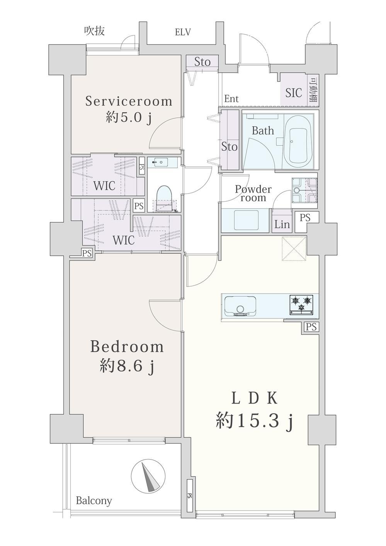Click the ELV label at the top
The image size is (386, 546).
pyautogui.click(x=183, y=32)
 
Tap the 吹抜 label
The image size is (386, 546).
pyautogui.click(x=95, y=31)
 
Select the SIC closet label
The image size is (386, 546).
pyautogui.click(x=294, y=93)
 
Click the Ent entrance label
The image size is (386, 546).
pyautogui.click(x=231, y=99)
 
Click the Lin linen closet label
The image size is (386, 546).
pyautogui.click(x=282, y=224)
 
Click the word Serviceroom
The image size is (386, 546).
pyautogui.click(x=129, y=102)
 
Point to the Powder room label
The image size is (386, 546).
pyautogui.click(x=253, y=193)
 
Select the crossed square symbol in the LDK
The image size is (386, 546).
pyautogui.click(x=294, y=249)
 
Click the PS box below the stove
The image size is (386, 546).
pyautogui.click(x=311, y=327)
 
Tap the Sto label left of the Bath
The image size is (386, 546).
pyautogui.click(x=229, y=147)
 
